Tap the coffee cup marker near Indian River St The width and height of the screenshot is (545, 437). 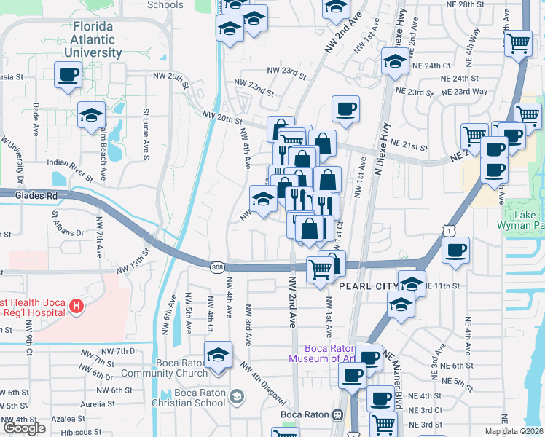(68, 74)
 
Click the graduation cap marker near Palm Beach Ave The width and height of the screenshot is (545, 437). (92, 115)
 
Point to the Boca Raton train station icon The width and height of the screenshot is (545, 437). (337, 414)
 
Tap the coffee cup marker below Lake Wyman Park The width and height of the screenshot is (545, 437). (456, 251)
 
